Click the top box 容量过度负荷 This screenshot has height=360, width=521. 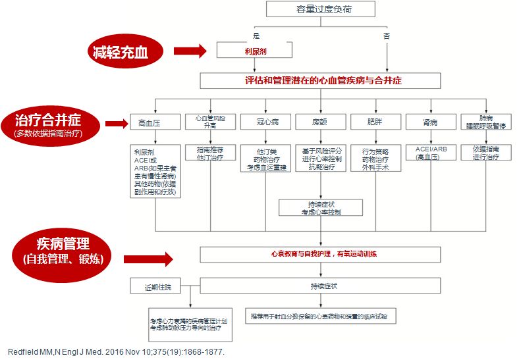(x=321, y=9)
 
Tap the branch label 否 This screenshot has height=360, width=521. (x=387, y=34)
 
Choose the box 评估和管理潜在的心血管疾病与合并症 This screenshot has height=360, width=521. (x=320, y=80)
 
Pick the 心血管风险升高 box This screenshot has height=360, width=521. (x=209, y=121)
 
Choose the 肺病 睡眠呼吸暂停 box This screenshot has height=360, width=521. (x=485, y=121)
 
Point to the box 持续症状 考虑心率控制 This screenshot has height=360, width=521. (x=321, y=208)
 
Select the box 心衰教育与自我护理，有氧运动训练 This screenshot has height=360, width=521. (x=320, y=253)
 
